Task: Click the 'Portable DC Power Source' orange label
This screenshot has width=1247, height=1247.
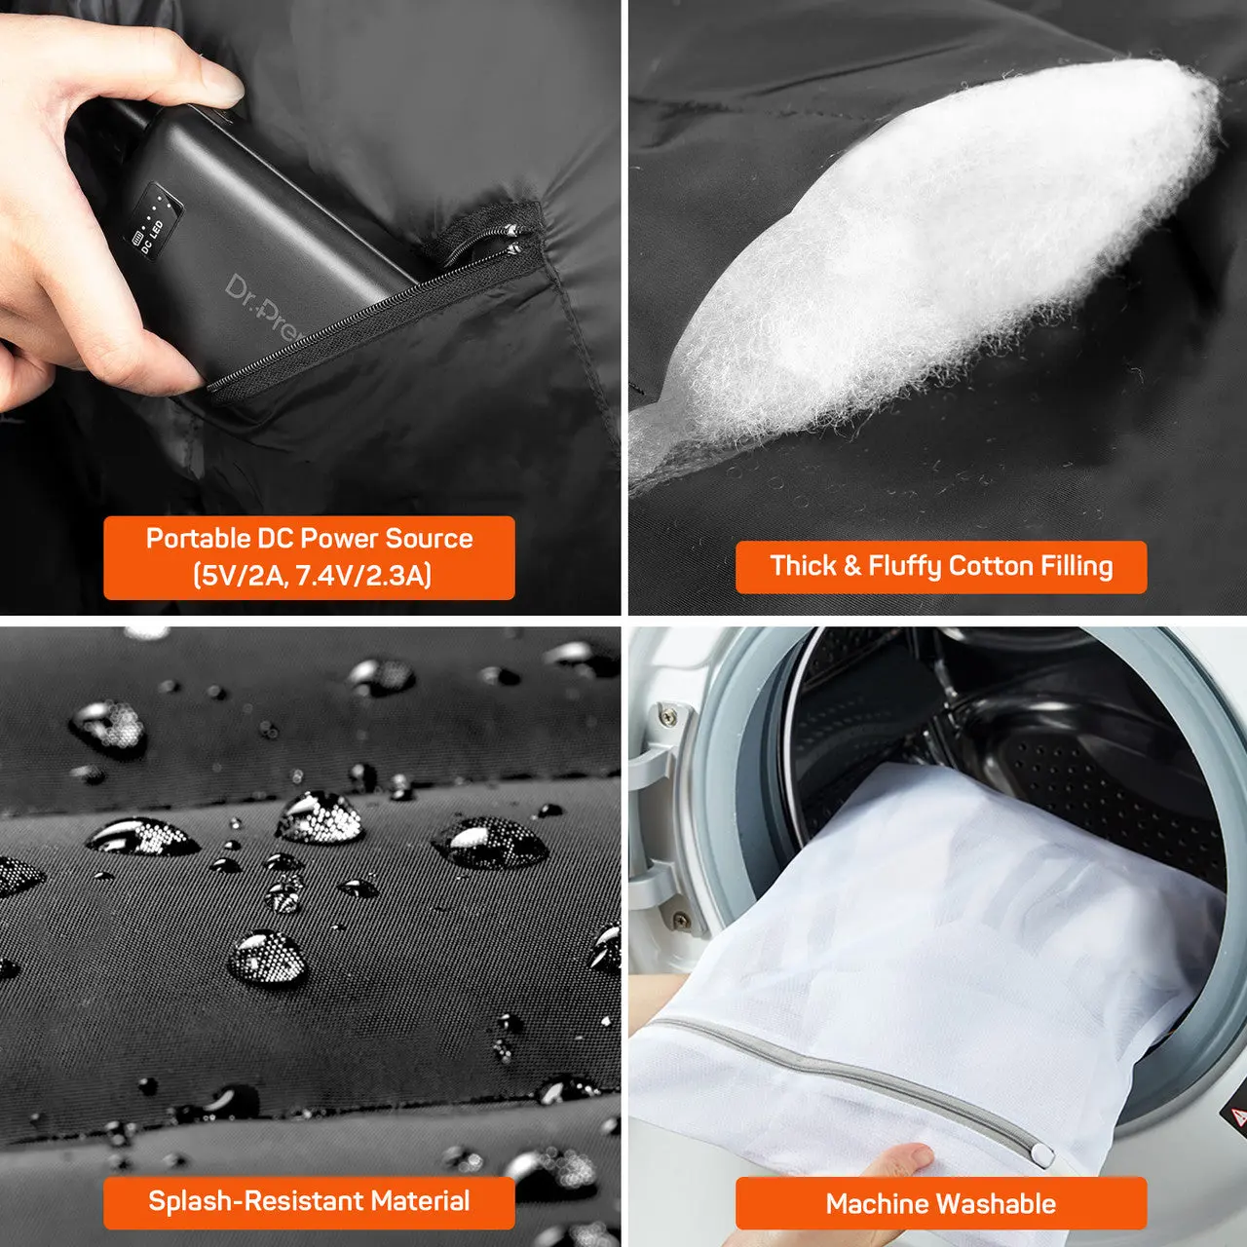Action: (x=309, y=557)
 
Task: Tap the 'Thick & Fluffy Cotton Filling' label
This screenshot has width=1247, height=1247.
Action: (x=940, y=567)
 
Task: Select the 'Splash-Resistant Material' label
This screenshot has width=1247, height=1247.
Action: (x=309, y=1201)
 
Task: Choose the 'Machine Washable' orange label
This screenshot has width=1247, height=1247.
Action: (x=940, y=1203)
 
